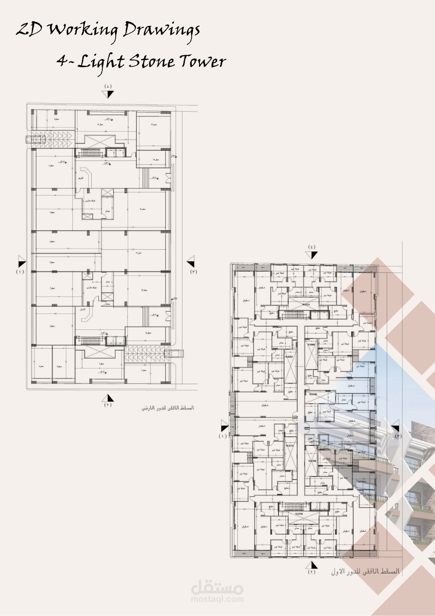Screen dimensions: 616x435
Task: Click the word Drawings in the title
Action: [x=161, y=31]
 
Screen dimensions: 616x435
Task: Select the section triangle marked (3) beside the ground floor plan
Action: [x=191, y=261]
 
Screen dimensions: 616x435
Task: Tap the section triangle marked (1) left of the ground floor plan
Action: [x=22, y=262]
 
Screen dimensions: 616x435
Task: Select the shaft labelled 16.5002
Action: [x=289, y=357]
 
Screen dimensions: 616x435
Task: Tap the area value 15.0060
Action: [x=311, y=345]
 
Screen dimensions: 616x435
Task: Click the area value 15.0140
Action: [x=313, y=394]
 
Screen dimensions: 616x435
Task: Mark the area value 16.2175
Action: [x=289, y=446]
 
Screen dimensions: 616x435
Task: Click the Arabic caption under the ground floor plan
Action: [x=167, y=408]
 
